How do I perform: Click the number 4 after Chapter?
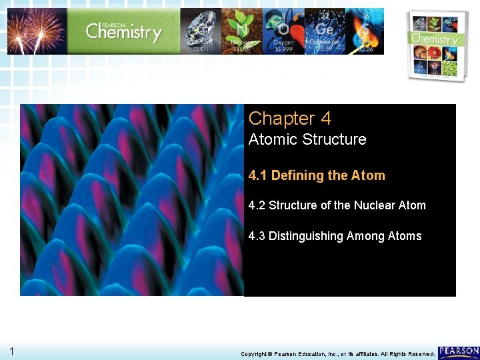click(325, 119)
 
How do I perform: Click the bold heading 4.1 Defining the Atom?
click(317, 176)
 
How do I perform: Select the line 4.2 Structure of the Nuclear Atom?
click(337, 205)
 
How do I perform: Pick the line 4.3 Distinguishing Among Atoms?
click(335, 236)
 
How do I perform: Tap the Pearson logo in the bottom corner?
click(459, 351)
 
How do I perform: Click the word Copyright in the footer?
click(255, 354)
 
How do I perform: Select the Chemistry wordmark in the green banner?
click(124, 31)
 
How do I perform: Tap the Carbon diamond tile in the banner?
click(200, 31)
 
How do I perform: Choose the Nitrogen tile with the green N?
click(241, 31)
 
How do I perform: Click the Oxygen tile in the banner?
click(283, 31)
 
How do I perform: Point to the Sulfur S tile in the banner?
click(363, 31)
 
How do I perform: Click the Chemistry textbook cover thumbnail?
click(435, 45)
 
